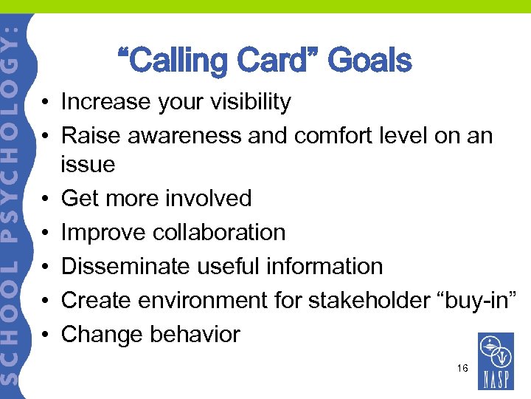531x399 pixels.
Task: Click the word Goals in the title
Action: [x=369, y=61]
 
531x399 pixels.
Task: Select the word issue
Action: [x=88, y=164]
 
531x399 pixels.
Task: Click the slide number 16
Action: [x=462, y=367]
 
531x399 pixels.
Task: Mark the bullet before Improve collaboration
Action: [x=46, y=233]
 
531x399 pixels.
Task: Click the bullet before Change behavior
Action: [x=46, y=335]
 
